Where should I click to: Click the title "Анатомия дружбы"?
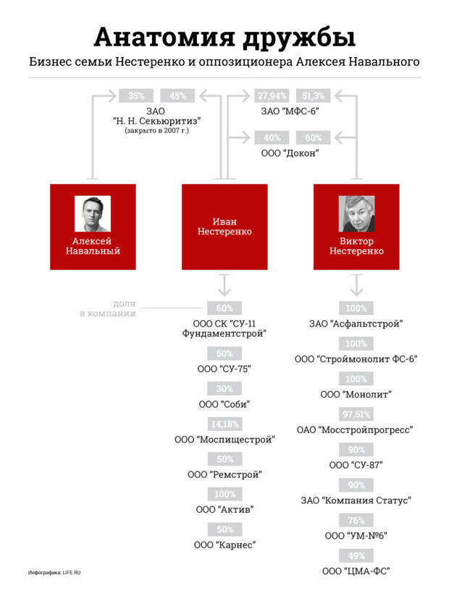[224, 37]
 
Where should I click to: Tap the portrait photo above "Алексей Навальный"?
[93, 214]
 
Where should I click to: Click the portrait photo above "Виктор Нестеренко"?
[356, 214]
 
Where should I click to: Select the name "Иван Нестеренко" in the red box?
[224, 226]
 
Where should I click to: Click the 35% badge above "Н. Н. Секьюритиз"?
[136, 96]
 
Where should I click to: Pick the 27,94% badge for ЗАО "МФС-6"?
[272, 96]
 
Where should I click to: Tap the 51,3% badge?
[314, 96]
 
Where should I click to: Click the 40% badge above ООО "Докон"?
[272, 138]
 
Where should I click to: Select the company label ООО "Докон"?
[290, 154]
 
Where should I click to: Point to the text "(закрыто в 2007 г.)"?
[157, 130]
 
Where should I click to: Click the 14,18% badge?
[224, 424]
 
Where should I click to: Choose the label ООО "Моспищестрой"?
[224, 440]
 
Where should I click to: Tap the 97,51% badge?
[356, 414]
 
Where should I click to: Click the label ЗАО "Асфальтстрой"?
[356, 324]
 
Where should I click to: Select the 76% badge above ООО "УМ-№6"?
[356, 520]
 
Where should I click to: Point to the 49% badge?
[356, 555]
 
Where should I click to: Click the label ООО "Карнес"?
[224, 545]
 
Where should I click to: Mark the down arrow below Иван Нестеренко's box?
[224, 285]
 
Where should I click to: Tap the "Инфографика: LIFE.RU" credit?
[54, 572]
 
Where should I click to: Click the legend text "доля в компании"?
[108, 309]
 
